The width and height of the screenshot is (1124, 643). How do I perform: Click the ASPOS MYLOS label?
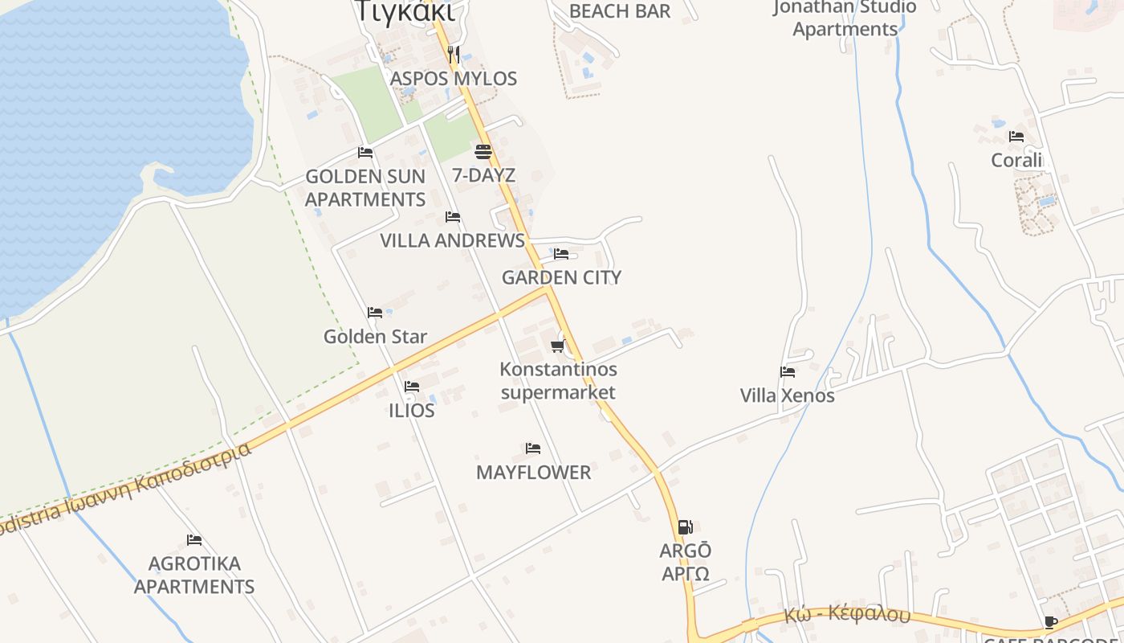tap(454, 79)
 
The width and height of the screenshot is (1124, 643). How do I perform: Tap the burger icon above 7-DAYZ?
tap(483, 151)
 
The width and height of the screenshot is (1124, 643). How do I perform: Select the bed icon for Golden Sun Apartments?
tap(365, 153)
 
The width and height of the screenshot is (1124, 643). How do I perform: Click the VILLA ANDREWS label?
tap(452, 240)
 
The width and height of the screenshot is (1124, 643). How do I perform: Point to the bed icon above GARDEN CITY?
tap(561, 254)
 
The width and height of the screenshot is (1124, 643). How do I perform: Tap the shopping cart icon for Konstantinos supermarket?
tap(557, 346)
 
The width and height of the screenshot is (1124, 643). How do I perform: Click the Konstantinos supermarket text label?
tap(559, 381)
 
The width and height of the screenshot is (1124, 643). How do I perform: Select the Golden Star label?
tap(375, 337)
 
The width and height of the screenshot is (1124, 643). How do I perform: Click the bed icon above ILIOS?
tap(412, 387)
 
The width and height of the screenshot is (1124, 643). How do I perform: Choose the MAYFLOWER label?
tap(533, 473)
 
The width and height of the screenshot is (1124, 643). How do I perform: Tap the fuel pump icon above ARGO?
tap(685, 527)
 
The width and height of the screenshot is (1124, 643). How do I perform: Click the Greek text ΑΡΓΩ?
tap(685, 574)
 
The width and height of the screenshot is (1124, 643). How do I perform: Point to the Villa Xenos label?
tap(787, 395)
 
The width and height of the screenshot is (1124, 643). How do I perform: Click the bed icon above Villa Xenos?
tap(788, 372)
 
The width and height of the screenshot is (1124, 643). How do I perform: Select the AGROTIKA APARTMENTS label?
tap(194, 575)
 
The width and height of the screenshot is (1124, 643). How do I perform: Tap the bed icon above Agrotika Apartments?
tap(194, 540)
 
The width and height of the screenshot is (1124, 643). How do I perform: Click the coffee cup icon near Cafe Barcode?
tap(1050, 622)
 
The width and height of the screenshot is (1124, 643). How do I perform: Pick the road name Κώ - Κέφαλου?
tap(847, 615)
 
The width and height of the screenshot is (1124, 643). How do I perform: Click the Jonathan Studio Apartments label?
tap(845, 18)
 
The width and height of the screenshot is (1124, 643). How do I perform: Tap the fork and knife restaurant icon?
tap(454, 55)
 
